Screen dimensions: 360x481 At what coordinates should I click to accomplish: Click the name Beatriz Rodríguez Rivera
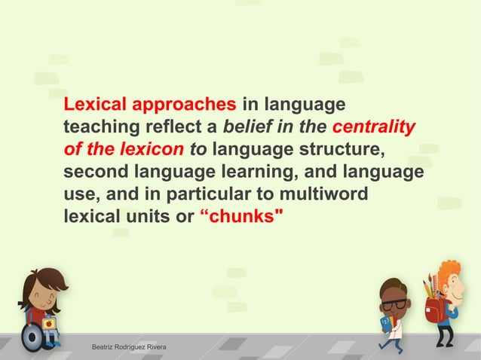(x=129, y=347)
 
